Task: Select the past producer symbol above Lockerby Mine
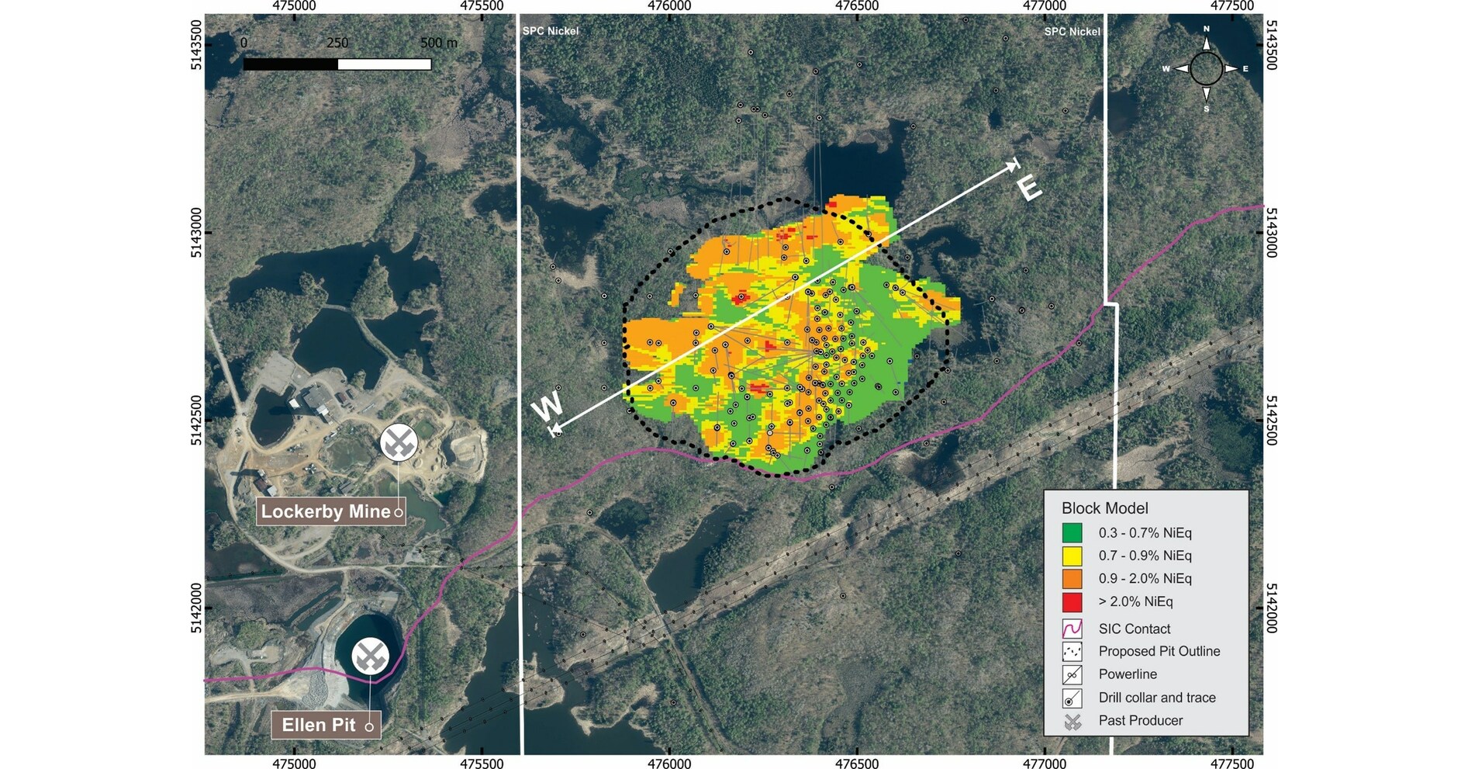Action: point(399,443)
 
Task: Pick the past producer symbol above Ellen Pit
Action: point(371,656)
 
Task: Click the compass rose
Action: point(1206,69)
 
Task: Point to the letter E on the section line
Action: point(1028,189)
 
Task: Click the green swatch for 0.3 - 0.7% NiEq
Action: point(1072,533)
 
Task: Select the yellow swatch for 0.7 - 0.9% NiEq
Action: point(1072,556)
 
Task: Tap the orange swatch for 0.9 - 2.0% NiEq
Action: point(1072,579)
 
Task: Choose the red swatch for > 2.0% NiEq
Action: point(1072,601)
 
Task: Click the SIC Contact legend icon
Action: point(1072,629)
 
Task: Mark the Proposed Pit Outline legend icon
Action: point(1072,651)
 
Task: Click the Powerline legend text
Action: point(1127,674)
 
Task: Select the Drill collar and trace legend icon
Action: point(1072,698)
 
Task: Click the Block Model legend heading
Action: point(1104,508)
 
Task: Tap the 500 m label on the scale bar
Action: point(438,43)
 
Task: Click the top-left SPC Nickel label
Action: point(550,31)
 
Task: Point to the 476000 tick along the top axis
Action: point(669,6)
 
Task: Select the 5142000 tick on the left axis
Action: point(196,608)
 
